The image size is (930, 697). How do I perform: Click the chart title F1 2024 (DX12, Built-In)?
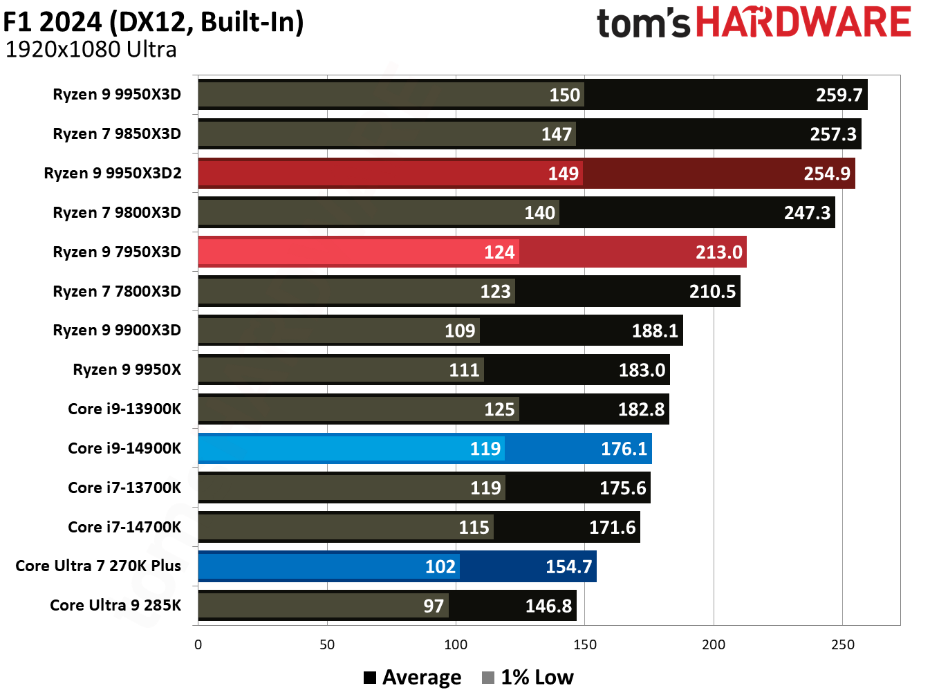[x=154, y=22]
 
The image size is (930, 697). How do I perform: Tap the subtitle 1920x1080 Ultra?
[x=91, y=50]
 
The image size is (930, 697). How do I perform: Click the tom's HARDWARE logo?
[x=754, y=22]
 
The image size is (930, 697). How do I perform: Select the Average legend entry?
[x=413, y=677]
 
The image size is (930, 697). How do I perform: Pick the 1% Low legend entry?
[x=528, y=677]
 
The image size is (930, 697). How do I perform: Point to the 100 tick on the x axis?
[x=456, y=644]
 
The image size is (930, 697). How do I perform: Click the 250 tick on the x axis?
[x=842, y=644]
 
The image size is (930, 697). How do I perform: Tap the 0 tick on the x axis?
[x=198, y=644]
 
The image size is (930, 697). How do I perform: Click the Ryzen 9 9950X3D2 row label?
[x=113, y=173]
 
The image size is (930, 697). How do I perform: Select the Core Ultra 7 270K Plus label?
[x=98, y=566]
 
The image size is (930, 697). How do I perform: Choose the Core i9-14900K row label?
[x=124, y=448]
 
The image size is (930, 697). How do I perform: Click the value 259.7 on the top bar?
[x=839, y=95]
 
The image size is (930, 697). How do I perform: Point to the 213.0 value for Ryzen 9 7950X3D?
[x=718, y=252]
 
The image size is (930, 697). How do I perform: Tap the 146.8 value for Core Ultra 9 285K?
[x=548, y=606]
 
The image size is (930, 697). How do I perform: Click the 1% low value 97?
[x=434, y=606]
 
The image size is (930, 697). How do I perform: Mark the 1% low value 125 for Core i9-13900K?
[x=499, y=409]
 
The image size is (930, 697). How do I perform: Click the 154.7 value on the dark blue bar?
[x=568, y=566]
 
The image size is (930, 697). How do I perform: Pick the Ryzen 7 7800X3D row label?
[x=117, y=291]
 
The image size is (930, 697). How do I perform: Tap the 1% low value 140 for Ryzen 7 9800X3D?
[x=539, y=212]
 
